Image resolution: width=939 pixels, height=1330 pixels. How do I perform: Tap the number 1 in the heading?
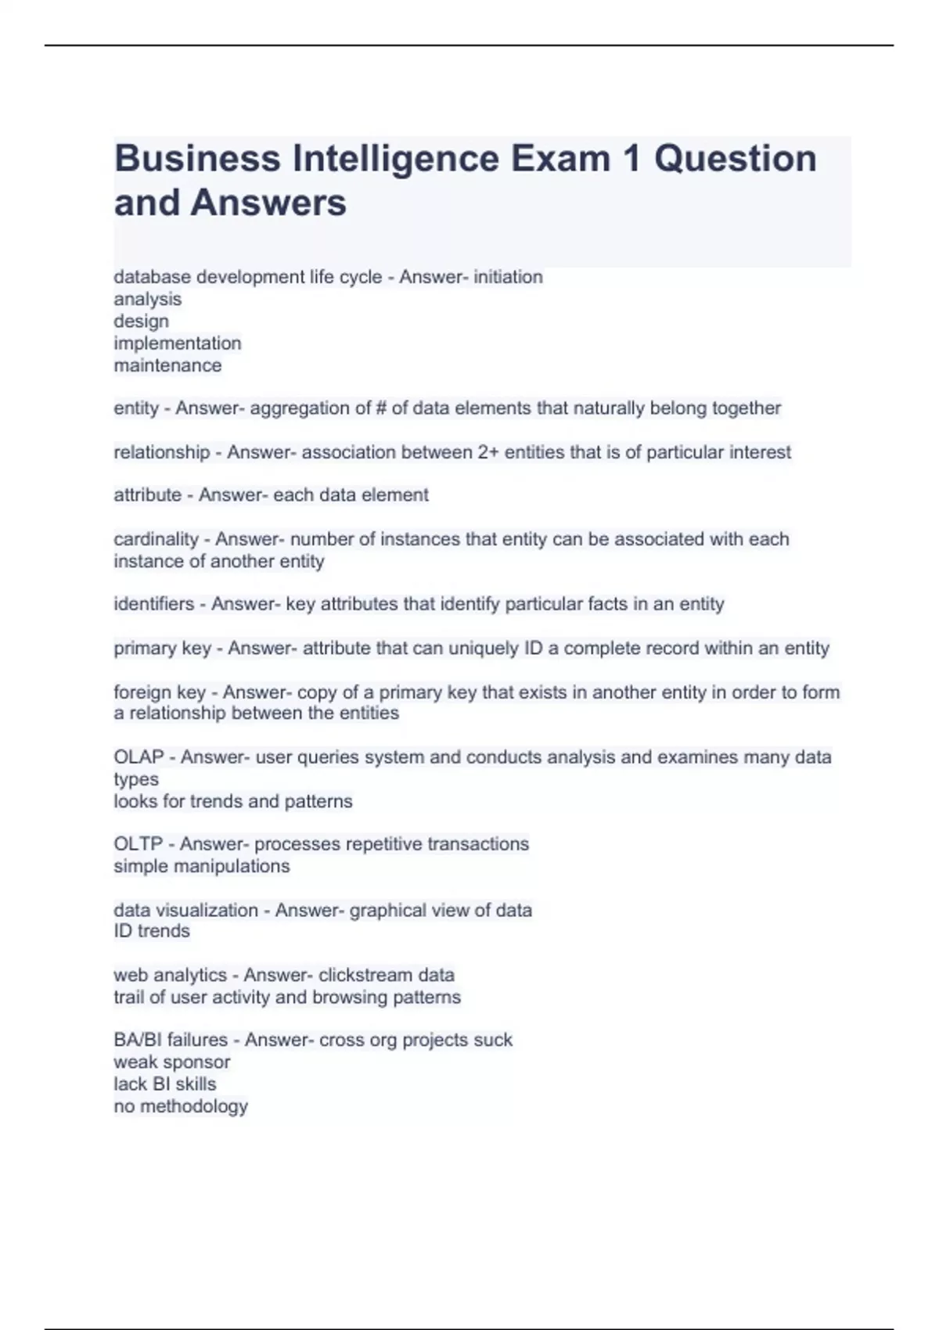(630, 159)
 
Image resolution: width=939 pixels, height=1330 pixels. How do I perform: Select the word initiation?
(508, 277)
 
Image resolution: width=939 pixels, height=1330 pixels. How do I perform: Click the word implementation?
(178, 343)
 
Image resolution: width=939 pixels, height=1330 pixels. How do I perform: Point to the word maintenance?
(167, 365)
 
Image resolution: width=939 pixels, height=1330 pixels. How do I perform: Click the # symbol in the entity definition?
(382, 408)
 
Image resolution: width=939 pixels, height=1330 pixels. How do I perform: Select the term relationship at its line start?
(162, 452)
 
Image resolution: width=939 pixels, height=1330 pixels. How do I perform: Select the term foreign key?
(160, 692)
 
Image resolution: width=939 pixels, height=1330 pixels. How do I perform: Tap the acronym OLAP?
(139, 757)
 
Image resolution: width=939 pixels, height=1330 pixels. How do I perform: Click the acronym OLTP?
(138, 844)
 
